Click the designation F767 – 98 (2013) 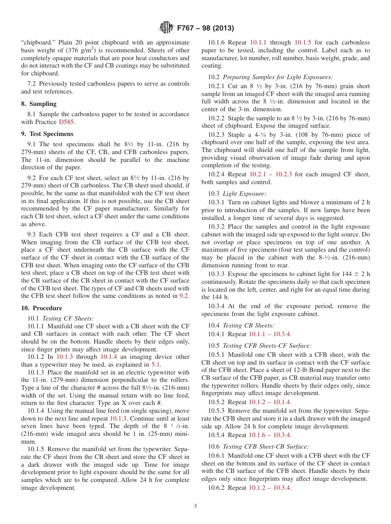tap(205, 28)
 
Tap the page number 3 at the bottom tap(195, 506)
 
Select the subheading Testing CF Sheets tap(68, 318)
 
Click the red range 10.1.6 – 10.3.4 tap(270, 435)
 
